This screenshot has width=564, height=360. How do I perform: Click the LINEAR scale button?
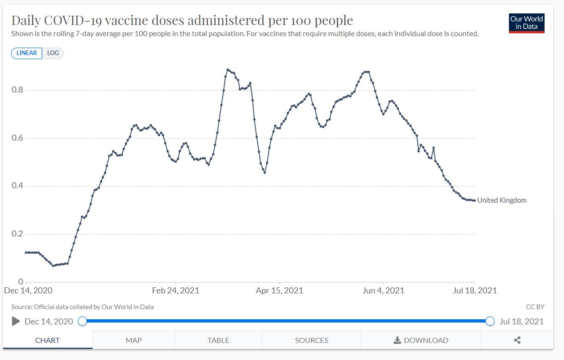point(26,53)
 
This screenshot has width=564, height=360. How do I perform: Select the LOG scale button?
point(53,53)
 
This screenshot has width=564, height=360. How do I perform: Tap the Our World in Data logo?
point(527,23)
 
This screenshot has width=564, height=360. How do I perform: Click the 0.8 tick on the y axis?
point(17,90)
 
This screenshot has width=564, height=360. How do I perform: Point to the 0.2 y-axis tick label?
point(17,234)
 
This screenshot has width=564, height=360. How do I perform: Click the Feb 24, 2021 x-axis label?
point(176,291)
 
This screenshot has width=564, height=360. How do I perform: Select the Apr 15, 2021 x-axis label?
point(279,291)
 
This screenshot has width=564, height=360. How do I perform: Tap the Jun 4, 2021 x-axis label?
point(383,291)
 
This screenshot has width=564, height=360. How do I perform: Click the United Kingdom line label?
point(502,200)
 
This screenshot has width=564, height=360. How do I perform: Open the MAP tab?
point(133,340)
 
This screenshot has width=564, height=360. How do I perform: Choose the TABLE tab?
point(218,340)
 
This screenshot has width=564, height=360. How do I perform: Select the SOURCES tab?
point(311,340)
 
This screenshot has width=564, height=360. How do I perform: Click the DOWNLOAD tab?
point(421,340)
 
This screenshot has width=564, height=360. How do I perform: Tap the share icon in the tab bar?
point(517,340)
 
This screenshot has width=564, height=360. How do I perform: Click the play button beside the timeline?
point(16,321)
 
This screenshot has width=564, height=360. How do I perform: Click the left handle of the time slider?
point(82,321)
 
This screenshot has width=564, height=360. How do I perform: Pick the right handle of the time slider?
point(490,321)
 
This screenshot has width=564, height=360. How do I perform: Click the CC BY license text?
point(535,307)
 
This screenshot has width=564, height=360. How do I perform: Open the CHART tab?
point(47,340)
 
